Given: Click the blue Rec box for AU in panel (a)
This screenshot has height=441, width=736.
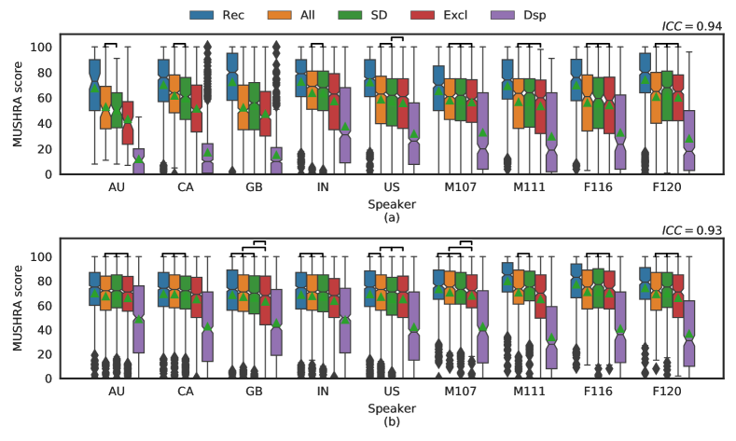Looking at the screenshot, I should point(94,85).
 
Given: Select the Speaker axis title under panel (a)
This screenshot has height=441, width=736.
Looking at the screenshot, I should point(391,202).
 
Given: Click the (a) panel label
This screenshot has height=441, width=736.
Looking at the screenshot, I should point(391,217).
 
